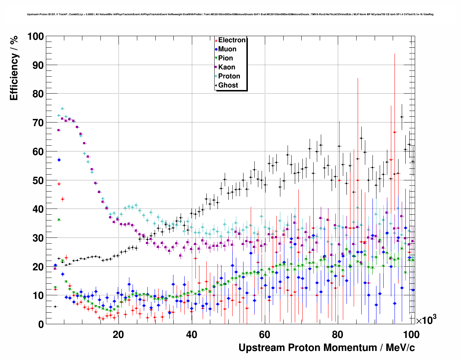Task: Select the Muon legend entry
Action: coord(227,49)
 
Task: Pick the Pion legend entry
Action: coord(225,58)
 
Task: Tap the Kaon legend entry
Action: coord(227,67)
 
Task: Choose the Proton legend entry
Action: coord(229,76)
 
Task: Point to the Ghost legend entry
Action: coord(228,85)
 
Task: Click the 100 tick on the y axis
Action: coord(35,37)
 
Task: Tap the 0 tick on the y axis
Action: coord(41,324)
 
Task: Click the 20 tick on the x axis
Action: coord(118,334)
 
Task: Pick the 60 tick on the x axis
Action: coord(264,334)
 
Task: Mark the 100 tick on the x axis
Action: coord(411,334)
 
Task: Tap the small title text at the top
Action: coord(230,14)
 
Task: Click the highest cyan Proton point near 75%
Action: coord(62,108)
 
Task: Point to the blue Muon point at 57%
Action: coord(59,160)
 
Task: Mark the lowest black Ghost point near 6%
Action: coord(55,307)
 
